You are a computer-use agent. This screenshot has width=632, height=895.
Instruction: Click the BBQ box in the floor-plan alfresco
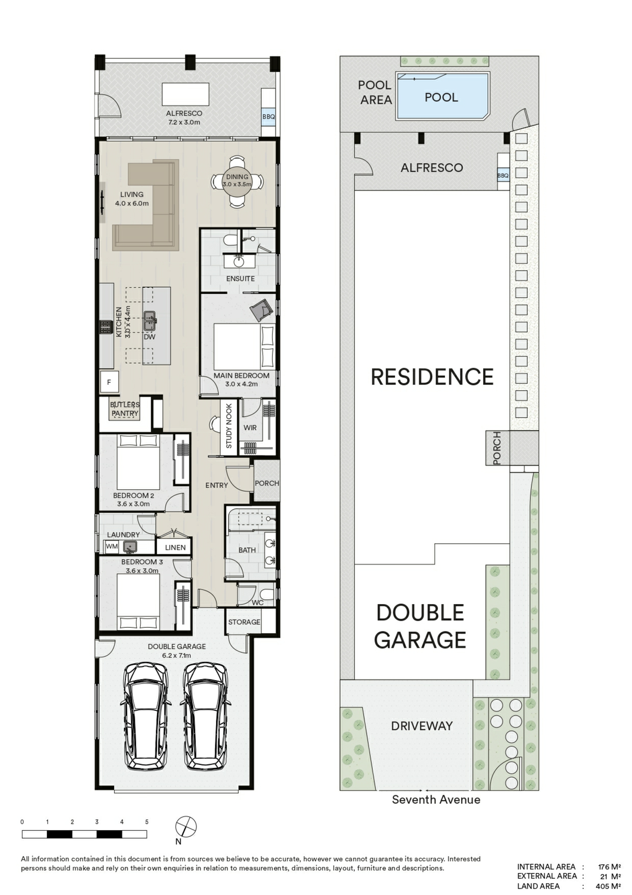(268, 117)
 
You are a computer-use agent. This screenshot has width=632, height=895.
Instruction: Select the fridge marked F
(109, 382)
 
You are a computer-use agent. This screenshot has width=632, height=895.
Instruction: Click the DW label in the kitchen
(149, 337)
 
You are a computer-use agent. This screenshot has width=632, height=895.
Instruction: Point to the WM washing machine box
(112, 547)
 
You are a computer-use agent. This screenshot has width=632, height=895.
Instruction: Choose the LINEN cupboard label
(175, 547)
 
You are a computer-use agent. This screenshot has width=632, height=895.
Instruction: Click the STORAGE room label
(244, 622)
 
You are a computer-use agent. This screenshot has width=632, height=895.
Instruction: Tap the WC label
(258, 602)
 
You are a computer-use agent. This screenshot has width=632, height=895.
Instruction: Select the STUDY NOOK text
(229, 426)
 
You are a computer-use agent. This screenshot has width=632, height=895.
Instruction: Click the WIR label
(250, 428)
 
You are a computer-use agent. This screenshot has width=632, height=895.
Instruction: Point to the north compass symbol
(186, 826)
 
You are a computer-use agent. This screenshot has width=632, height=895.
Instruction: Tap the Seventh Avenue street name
(436, 799)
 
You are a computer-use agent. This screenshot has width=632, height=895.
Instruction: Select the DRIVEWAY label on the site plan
(421, 726)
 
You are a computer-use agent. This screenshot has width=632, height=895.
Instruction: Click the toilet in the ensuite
(229, 240)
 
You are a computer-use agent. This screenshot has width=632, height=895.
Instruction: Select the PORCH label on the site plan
(497, 448)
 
